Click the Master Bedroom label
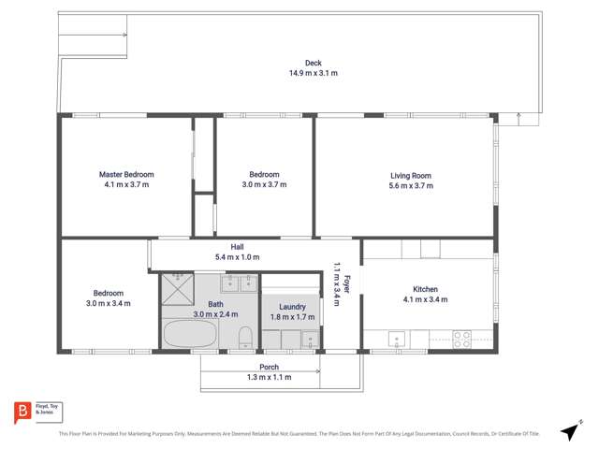point(126,174)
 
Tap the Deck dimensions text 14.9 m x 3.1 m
point(299,72)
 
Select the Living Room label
point(411,175)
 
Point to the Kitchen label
point(425,289)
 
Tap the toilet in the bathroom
point(243,337)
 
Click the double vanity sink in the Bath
point(240,283)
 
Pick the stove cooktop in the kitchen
point(462,339)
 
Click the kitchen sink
point(396,338)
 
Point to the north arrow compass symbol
point(569,432)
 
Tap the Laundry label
point(292,306)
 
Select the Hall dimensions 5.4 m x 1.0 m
point(237,257)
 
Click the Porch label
point(269,367)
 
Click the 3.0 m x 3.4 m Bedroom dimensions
point(108,303)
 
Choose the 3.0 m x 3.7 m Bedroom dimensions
point(264,185)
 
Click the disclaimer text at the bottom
point(299,433)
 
